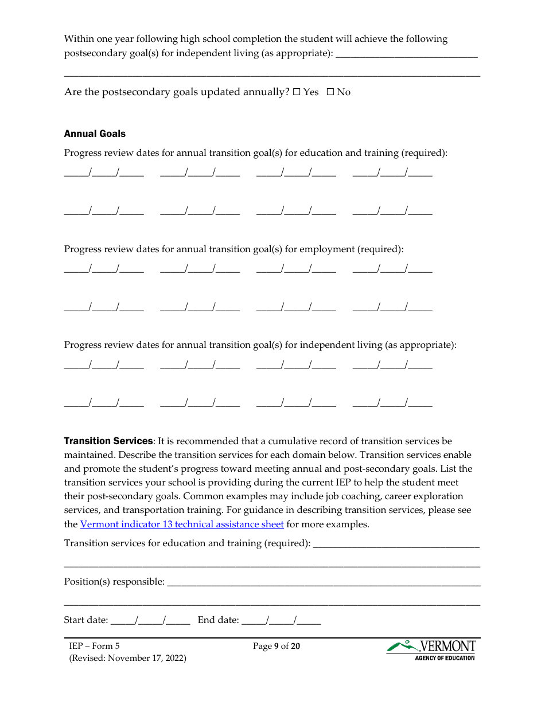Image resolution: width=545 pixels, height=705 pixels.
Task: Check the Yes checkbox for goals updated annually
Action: tap(297, 92)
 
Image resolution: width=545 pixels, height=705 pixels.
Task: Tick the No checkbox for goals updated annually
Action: tap(330, 92)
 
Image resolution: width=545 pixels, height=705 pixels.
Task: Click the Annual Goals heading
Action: tap(95, 134)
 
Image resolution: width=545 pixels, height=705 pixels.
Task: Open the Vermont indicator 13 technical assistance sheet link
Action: tap(182, 524)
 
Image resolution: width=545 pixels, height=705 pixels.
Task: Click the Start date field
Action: tap(150, 620)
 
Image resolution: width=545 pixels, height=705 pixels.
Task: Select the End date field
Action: tap(281, 620)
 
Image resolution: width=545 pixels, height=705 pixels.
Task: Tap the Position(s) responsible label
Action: tap(114, 581)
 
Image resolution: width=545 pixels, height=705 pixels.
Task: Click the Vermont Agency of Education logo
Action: tap(431, 650)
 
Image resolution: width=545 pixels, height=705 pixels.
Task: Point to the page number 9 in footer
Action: tap(276, 647)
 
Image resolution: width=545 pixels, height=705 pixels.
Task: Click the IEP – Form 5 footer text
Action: tap(95, 646)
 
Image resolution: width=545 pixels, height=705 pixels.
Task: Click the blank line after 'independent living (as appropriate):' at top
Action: tap(406, 54)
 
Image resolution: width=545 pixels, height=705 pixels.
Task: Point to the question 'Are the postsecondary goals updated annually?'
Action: tap(176, 92)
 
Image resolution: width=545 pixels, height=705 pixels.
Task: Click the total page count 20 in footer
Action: tap(295, 647)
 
